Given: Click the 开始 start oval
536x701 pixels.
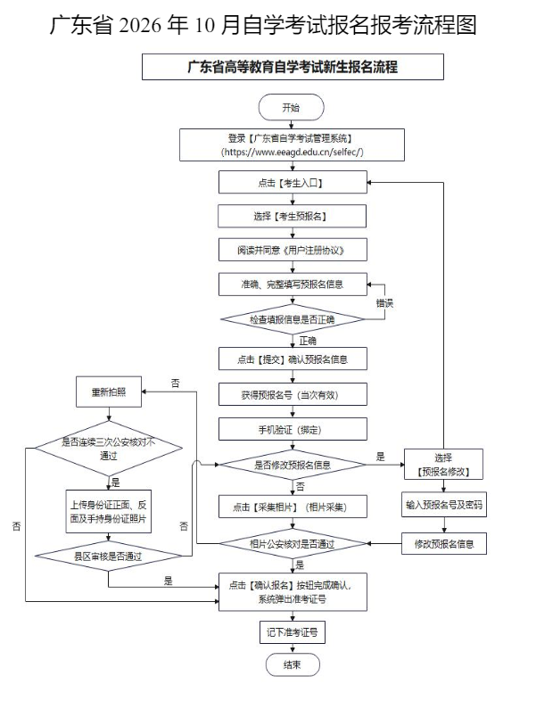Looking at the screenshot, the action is (291, 107).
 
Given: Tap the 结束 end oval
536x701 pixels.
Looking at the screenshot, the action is (293, 664).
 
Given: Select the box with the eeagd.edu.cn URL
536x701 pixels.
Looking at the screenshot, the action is (292, 144).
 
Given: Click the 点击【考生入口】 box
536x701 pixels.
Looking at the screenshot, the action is (293, 183).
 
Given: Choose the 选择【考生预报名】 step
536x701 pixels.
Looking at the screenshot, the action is (292, 217).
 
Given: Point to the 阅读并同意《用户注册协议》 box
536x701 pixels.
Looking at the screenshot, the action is (293, 250).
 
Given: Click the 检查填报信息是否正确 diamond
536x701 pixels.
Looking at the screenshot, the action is (293, 319).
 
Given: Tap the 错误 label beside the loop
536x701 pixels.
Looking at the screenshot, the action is (384, 303).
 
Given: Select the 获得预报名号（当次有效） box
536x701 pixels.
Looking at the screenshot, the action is (293, 394).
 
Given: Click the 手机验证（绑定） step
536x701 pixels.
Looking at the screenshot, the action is (293, 429).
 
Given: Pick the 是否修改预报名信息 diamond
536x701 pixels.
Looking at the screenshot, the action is (293, 465).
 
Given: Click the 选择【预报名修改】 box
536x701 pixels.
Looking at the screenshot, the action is (443, 465).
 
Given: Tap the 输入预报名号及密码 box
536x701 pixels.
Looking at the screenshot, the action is (444, 505).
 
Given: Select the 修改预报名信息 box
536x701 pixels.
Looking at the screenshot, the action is (444, 544).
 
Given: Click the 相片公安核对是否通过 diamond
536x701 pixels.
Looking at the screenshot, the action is (293, 544).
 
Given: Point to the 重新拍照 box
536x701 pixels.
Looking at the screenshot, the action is (109, 392).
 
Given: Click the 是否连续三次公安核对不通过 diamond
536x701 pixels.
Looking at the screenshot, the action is (109, 449).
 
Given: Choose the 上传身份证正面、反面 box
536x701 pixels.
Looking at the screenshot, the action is (109, 511).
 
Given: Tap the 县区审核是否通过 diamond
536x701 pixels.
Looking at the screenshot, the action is (109, 557).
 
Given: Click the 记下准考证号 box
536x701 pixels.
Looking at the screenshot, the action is (293, 632).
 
